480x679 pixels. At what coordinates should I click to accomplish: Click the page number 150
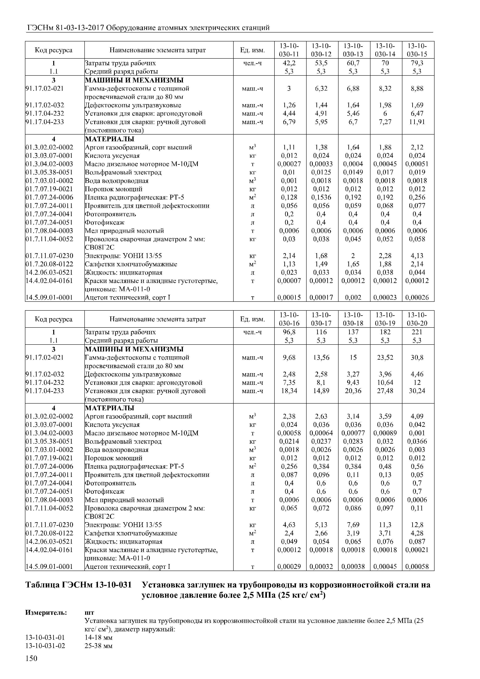click(x=31, y=666)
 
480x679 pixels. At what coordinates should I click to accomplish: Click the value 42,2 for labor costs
click(x=289, y=63)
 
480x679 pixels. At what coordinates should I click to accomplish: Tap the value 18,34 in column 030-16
click(x=289, y=391)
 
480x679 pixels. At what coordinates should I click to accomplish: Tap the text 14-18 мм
click(x=99, y=637)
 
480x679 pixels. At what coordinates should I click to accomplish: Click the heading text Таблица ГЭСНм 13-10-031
click(x=78, y=585)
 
